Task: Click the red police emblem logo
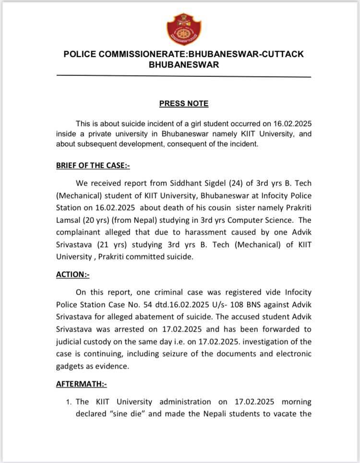tap(184, 28)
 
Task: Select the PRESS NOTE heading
tap(184, 103)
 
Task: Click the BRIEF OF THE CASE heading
tap(93, 166)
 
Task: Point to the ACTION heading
tap(73, 274)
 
